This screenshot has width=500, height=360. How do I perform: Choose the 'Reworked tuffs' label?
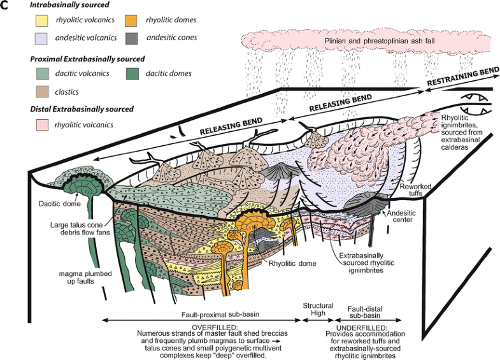417,190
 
